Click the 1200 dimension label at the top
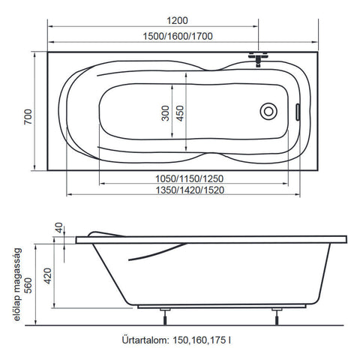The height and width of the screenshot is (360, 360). tap(177, 20)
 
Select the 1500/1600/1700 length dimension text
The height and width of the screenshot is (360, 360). tap(178, 37)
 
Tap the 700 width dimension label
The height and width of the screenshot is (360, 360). tap(28, 117)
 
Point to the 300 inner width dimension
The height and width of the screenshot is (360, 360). tap(165, 113)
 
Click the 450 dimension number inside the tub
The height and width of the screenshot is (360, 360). tap(180, 113)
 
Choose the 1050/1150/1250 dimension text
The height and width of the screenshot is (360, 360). tap(189, 178)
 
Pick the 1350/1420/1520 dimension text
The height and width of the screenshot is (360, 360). tap(190, 190)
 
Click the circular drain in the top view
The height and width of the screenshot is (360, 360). tap(268, 112)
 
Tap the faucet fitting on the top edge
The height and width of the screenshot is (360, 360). tap(258, 58)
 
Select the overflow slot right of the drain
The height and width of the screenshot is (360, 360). tap(298, 112)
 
